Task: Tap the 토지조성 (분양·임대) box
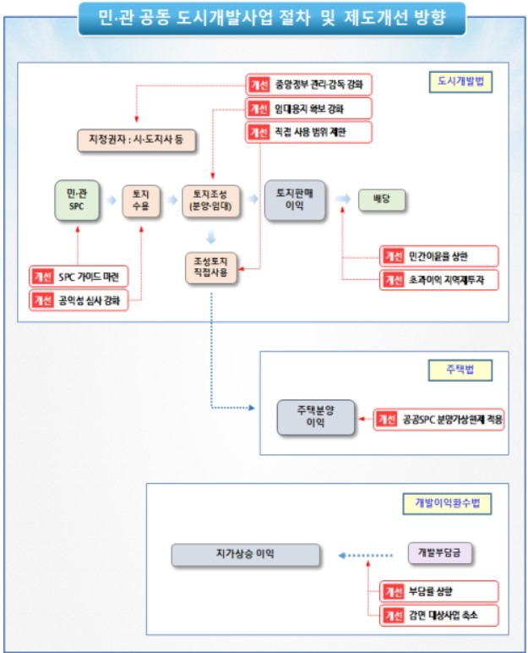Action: pos(212,200)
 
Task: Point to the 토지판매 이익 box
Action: pos(296,200)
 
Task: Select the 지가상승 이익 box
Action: pos(245,555)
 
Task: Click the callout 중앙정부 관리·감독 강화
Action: pos(308,85)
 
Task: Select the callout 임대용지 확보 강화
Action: pos(308,108)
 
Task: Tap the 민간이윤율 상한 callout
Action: pos(439,255)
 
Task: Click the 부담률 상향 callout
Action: pos(439,590)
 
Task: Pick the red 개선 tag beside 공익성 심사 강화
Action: pos(42,300)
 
